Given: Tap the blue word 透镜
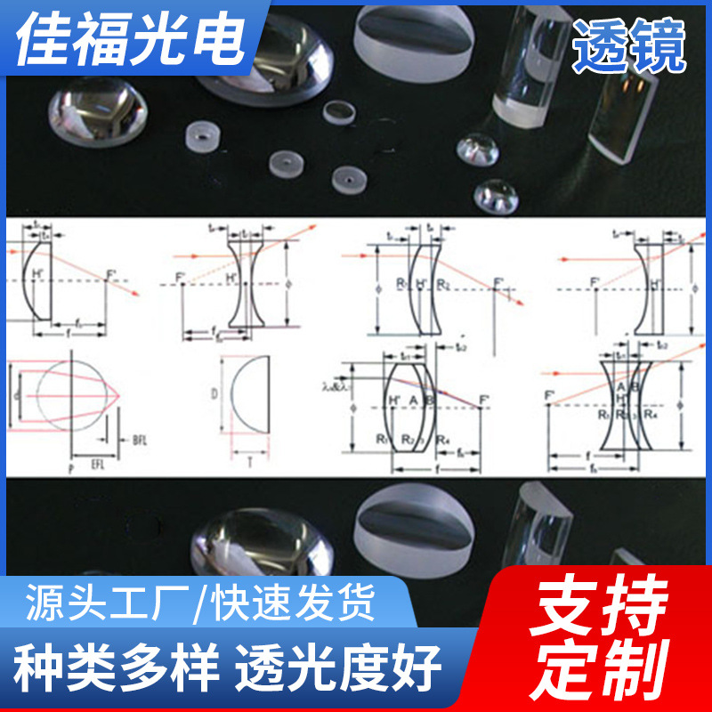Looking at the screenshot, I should click(x=629, y=45).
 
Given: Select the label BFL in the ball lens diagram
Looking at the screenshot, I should click(x=140, y=440).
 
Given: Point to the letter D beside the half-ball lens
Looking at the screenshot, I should click(x=214, y=392).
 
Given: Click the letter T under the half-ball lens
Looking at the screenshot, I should click(x=250, y=463).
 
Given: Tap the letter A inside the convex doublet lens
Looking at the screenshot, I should click(x=415, y=400).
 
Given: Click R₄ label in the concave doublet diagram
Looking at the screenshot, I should click(x=651, y=415).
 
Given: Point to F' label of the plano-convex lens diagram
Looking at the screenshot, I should click(x=110, y=272).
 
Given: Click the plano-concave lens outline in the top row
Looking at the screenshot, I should click(x=652, y=287).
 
